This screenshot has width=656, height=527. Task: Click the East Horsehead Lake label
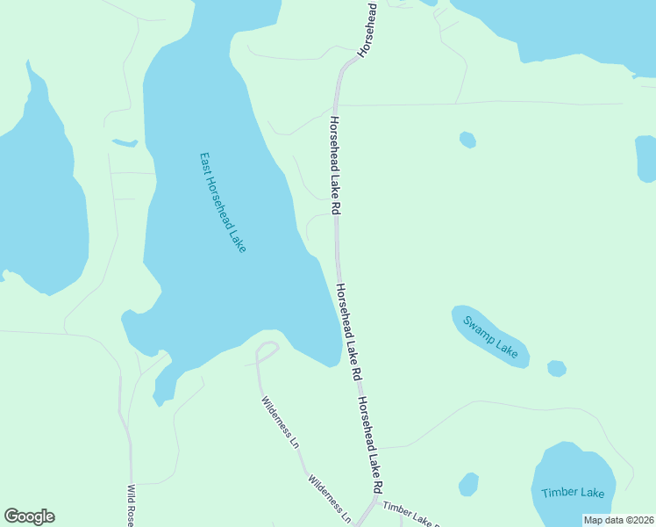tap(223, 203)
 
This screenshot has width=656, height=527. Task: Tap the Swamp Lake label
tap(490, 336)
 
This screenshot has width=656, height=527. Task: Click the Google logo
tap(29, 516)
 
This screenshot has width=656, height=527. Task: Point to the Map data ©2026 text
tap(618, 519)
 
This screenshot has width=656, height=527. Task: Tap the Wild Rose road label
tap(131, 505)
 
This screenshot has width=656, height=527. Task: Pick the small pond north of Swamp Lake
tap(467, 140)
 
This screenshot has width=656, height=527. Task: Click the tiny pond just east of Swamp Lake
tap(556, 368)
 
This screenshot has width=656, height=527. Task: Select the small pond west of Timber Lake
tap(469, 484)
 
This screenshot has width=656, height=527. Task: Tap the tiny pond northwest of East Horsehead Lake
tap(125, 142)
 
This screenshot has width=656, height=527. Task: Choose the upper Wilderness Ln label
tap(281, 422)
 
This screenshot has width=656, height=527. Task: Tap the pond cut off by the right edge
tap(645, 157)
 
